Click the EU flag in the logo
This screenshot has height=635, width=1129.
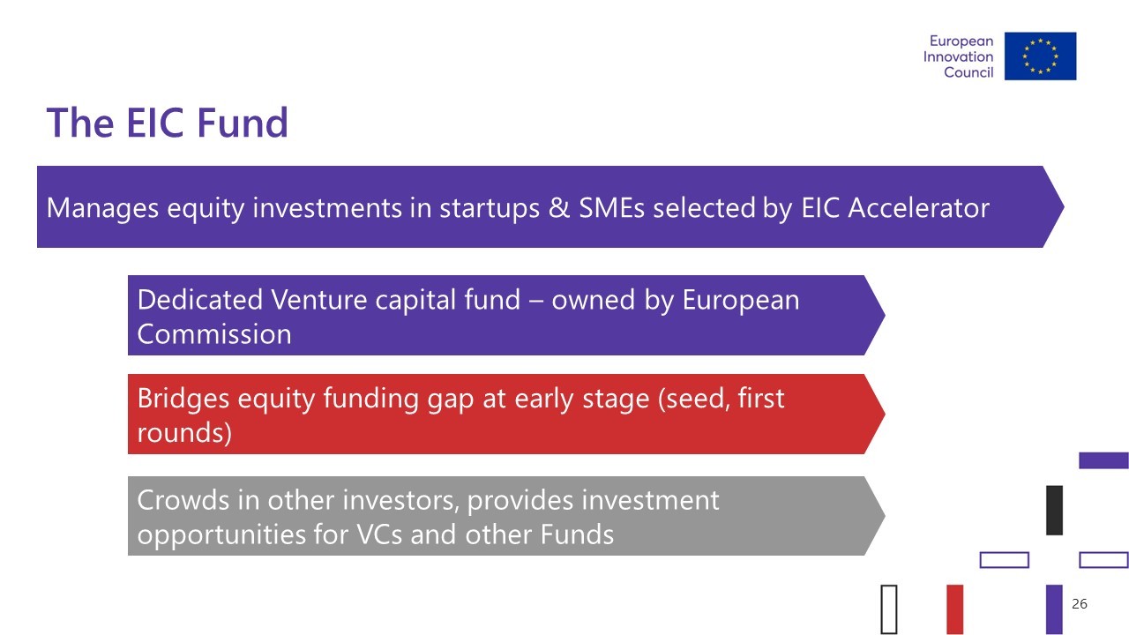coord(1040,56)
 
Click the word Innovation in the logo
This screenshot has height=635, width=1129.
coord(958,56)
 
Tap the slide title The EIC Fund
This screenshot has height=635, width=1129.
coord(167,123)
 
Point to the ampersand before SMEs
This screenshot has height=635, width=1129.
coord(559,207)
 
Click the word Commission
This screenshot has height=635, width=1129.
coord(214,334)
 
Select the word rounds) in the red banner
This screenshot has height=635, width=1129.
coord(184,433)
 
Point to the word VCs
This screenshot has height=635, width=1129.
coord(379,534)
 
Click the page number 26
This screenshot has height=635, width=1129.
coord(1079,604)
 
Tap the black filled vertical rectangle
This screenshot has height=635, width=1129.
coord(1054,510)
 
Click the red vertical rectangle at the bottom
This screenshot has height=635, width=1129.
coord(955,609)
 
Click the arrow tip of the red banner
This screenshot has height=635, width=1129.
coord(885,414)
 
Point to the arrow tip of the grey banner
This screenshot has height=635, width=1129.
coord(885,516)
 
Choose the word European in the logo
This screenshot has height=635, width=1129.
coord(961,41)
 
